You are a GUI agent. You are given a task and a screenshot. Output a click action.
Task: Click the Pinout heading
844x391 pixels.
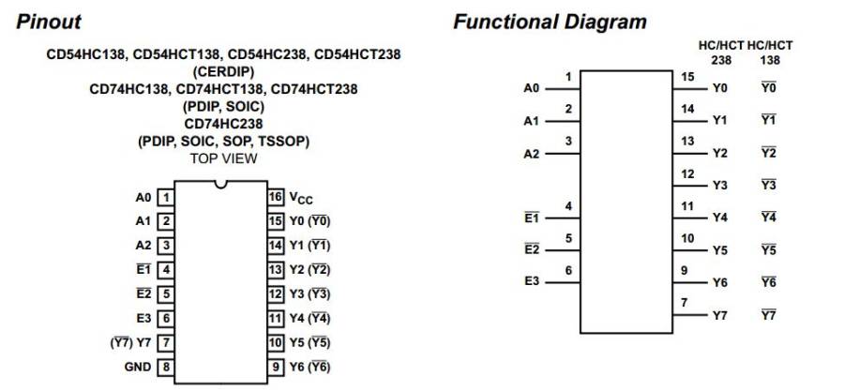pos(49,22)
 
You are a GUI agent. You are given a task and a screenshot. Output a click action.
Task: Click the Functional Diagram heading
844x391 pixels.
pos(550,22)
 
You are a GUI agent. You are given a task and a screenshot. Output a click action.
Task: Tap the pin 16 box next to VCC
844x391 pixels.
pos(276,198)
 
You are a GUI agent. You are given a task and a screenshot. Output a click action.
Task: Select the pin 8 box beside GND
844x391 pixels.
pos(166,367)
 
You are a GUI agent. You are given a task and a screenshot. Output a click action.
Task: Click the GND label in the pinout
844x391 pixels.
pos(137,367)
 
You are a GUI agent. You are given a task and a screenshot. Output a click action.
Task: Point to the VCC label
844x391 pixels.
pos(300,199)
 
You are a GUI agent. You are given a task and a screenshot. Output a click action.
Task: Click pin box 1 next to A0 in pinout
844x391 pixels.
pos(166,198)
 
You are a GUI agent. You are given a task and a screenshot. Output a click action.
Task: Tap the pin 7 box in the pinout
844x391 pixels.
pos(166,342)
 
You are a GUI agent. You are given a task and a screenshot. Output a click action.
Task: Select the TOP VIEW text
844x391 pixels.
pos(223,158)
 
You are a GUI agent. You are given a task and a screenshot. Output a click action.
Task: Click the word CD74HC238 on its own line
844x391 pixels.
pos(223,123)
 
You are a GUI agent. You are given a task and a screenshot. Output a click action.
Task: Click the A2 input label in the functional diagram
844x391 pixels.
pos(531,154)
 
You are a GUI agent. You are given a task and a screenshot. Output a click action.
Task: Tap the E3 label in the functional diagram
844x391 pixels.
pos(531,281)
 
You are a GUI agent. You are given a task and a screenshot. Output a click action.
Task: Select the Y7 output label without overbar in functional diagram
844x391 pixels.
pos(719,315)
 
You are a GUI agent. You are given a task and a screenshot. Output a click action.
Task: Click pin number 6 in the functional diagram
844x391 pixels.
pos(568,269)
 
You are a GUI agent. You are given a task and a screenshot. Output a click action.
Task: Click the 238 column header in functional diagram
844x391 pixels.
pos(720,58)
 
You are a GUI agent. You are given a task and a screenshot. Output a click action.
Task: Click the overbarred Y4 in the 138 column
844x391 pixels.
pos(768,218)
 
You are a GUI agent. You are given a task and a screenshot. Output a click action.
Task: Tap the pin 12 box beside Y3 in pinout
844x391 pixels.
pos(276,294)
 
